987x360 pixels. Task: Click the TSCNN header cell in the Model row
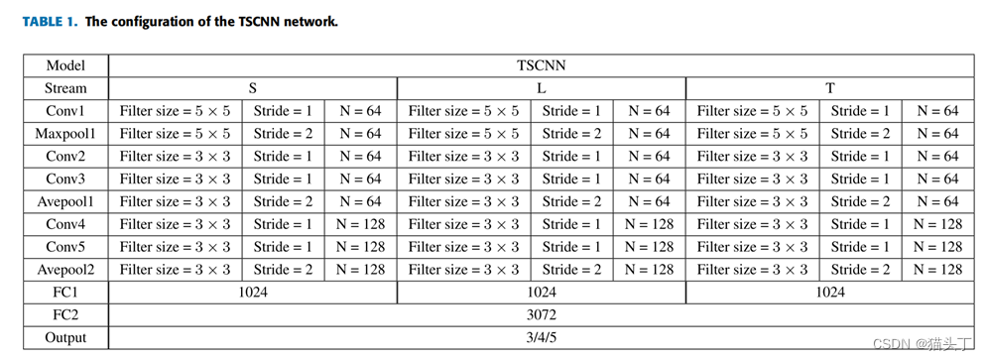click(541, 65)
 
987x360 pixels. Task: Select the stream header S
click(252, 88)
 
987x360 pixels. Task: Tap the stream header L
click(541, 88)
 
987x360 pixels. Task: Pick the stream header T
click(829, 88)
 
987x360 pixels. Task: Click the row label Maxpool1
click(65, 134)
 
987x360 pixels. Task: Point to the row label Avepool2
click(65, 270)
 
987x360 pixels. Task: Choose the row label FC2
click(65, 315)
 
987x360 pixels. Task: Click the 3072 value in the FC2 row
click(541, 315)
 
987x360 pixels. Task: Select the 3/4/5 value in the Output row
click(541, 338)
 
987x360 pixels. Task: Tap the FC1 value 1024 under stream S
click(252, 293)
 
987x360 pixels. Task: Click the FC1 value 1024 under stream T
click(829, 293)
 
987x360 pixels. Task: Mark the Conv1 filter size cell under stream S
click(175, 111)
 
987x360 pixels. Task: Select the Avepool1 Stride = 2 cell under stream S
click(283, 201)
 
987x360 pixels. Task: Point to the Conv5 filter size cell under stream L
click(463, 247)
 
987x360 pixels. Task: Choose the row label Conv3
click(65, 179)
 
